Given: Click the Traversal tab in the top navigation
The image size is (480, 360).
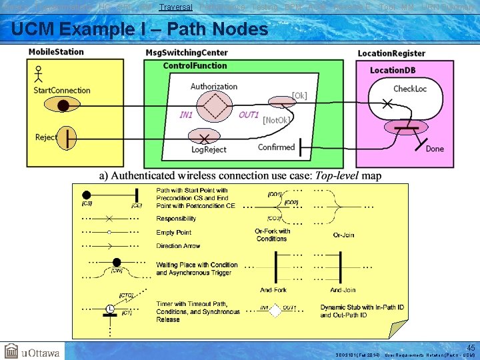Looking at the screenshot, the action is (x=175, y=7).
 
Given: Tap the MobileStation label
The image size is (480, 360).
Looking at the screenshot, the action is (x=56, y=52).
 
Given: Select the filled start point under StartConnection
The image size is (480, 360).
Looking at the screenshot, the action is (x=63, y=105).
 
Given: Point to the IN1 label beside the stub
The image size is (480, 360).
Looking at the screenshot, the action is (x=186, y=115).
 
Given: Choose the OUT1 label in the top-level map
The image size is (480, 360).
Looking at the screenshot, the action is (x=249, y=115).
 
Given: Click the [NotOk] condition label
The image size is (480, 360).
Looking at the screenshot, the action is (x=276, y=120).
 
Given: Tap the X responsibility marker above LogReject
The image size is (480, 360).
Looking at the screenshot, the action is (x=204, y=137).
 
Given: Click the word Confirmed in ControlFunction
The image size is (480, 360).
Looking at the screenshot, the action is (x=276, y=147).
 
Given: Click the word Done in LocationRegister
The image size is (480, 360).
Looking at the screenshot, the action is (x=434, y=149).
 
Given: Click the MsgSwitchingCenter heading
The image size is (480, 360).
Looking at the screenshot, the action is (x=186, y=53).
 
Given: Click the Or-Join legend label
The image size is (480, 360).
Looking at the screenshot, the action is (x=343, y=235).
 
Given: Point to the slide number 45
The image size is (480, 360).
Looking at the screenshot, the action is (x=471, y=348).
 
